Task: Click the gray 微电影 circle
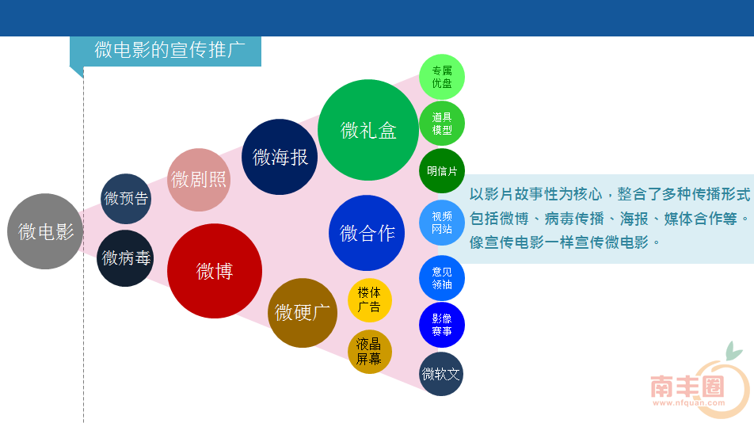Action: pos(45,231)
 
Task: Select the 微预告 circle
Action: pos(126,199)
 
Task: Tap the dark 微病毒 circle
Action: pos(125,258)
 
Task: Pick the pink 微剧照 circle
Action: pos(199,180)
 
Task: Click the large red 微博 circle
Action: pos(215,271)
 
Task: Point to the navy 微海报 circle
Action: pos(280,157)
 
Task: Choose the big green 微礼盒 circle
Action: pos(368,130)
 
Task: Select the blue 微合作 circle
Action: pos(367,233)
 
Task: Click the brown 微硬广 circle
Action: pos(303,312)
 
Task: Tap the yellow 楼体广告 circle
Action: pos(369,300)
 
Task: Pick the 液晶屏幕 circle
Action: pos(369,352)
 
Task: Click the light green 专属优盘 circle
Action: pos(442,77)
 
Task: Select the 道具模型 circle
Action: pos(442,124)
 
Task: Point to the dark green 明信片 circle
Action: pos(442,170)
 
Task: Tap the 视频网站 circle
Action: pos(442,222)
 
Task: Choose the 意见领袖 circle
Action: pos(442,278)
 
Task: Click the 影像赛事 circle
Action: pos(442,325)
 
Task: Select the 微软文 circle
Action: pos(441,373)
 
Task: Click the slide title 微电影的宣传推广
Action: pos(169,50)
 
